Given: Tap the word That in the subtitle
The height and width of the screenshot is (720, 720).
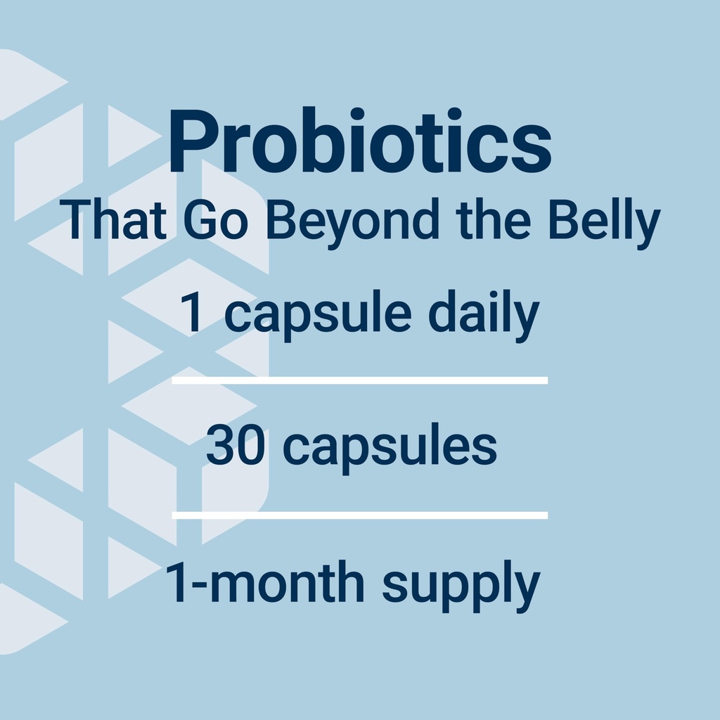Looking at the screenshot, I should point(113,221).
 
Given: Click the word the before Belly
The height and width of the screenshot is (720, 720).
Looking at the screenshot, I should point(494,221).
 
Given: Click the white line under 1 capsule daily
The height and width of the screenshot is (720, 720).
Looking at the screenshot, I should point(359,380).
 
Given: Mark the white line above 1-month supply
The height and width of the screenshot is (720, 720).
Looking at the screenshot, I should point(359,515).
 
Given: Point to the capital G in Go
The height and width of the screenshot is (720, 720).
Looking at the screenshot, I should point(201,221).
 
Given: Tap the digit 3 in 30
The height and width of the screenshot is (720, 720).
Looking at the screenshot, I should point(221,446).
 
